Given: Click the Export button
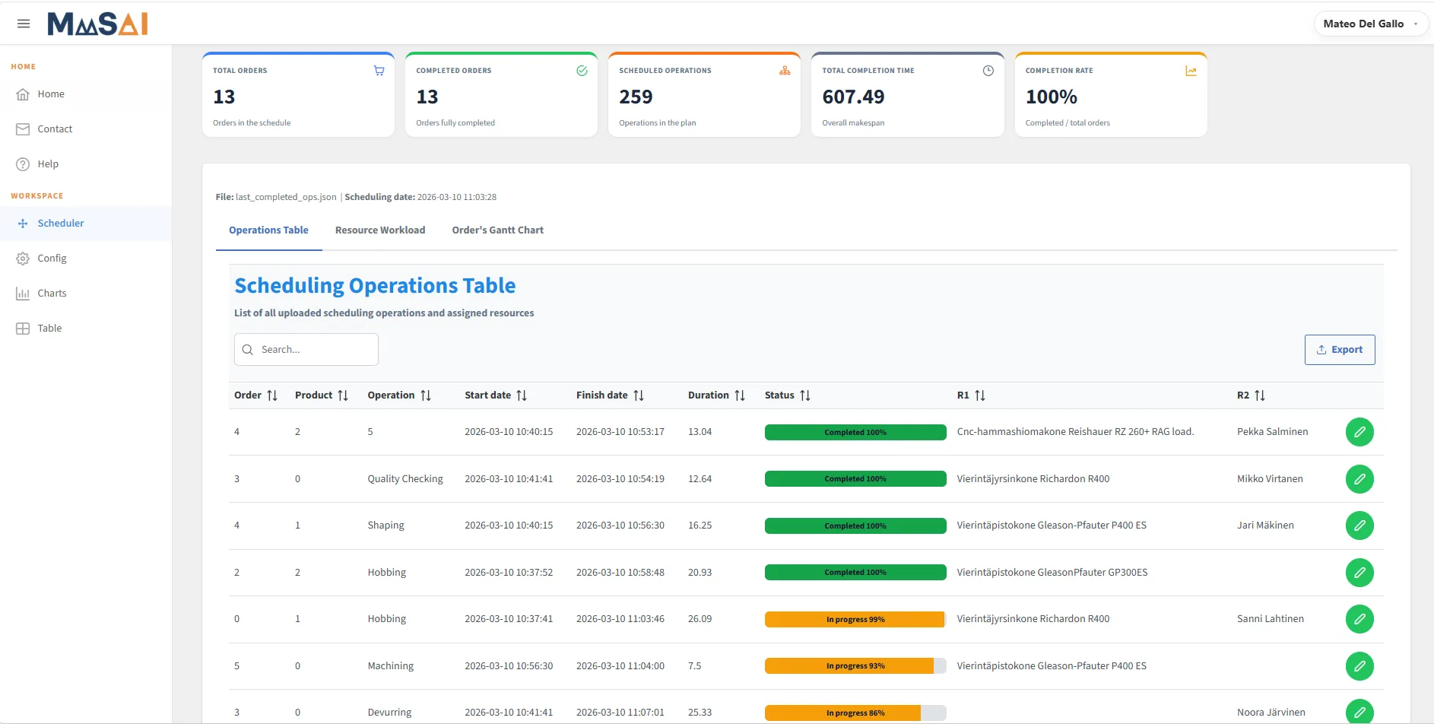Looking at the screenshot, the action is coord(1340,350).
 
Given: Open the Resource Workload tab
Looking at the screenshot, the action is coord(380,230).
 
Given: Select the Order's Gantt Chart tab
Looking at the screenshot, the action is coord(498,230).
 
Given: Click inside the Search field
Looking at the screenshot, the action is coord(306,350).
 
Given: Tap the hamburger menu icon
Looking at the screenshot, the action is coord(24,24).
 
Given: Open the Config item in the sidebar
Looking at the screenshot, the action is coord(52,259).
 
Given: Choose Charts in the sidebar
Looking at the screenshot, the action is coord(52,294).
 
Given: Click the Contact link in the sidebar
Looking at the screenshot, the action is coord(55,129).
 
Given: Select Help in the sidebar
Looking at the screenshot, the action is coord(48,164).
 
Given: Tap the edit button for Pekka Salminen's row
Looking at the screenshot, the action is coord(1359,432).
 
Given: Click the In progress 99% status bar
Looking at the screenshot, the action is coord(855,620).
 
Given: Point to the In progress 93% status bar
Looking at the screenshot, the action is coord(855,666).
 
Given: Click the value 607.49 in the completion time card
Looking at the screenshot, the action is coord(853,97).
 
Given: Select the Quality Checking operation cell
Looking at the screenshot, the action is coord(405,479).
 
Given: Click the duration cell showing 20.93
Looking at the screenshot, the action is coord(700,573).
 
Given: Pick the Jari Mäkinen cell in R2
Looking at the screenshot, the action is coord(1265,526).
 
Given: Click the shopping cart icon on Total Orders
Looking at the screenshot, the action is coord(379,71).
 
